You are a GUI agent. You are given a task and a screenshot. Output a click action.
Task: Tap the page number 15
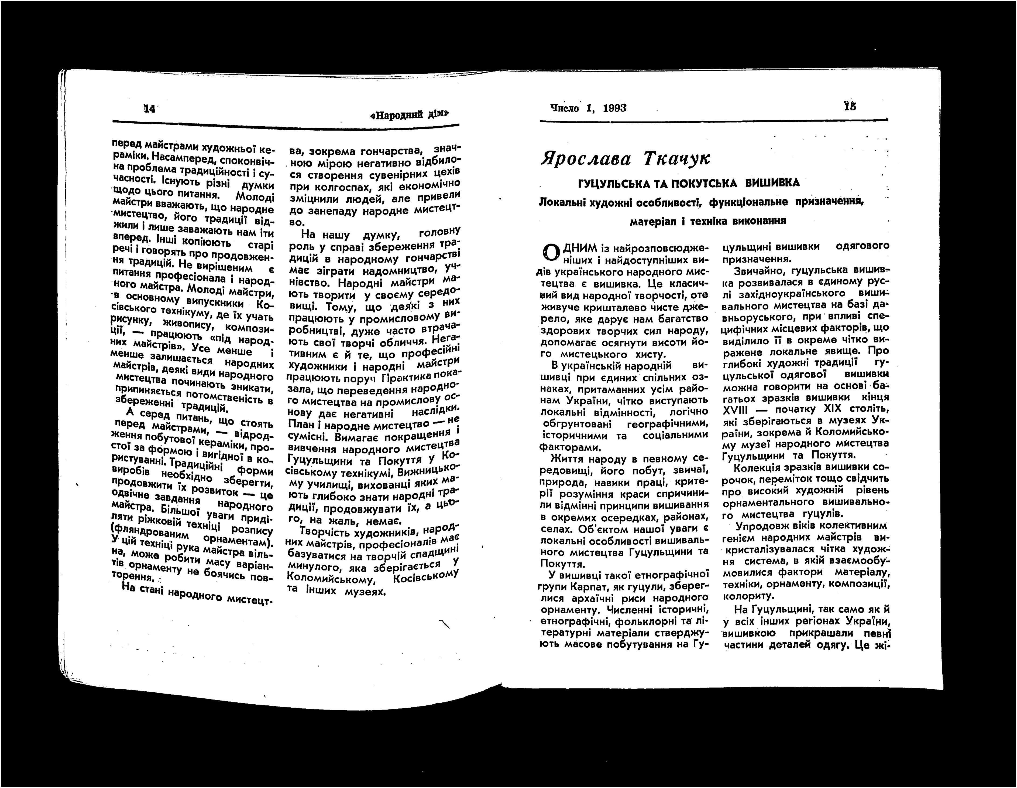[x=849, y=106]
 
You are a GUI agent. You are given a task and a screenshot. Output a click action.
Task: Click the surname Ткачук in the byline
[x=676, y=158]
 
